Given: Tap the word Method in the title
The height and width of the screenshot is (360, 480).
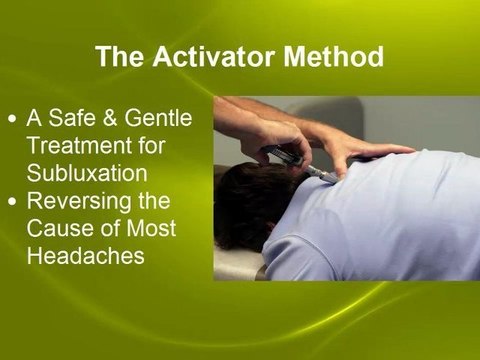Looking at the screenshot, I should (x=334, y=56).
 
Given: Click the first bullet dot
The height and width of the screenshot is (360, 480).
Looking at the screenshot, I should (x=11, y=118).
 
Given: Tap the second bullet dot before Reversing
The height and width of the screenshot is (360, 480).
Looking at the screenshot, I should (x=11, y=203).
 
